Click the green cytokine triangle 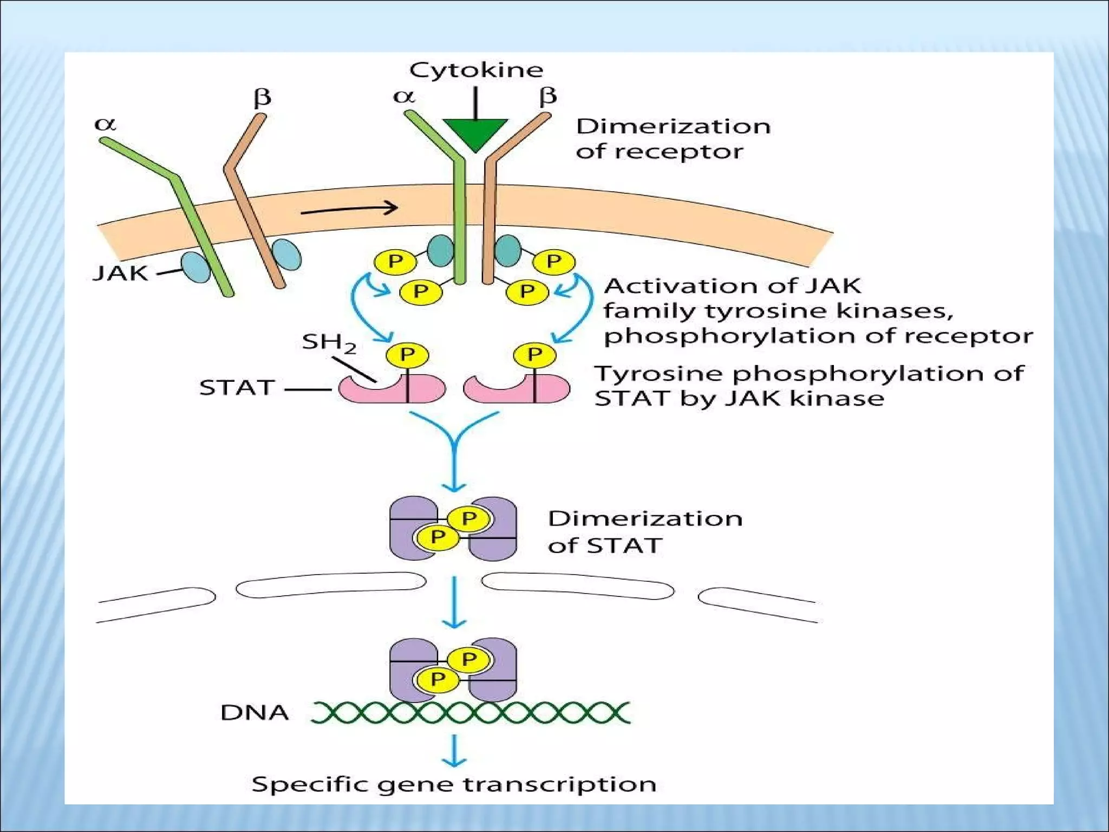click(475, 133)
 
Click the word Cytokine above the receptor click(476, 70)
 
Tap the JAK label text click(120, 273)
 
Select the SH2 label click(329, 343)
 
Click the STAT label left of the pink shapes click(237, 388)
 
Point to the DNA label click(254, 712)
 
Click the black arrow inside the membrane click(349, 209)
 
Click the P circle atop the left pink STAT click(407, 355)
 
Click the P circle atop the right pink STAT click(534, 355)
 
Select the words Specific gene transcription click(454, 784)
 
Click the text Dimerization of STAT click(644, 532)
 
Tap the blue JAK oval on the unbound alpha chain click(195, 267)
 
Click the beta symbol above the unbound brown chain click(262, 98)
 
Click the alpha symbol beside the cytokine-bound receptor click(404, 96)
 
